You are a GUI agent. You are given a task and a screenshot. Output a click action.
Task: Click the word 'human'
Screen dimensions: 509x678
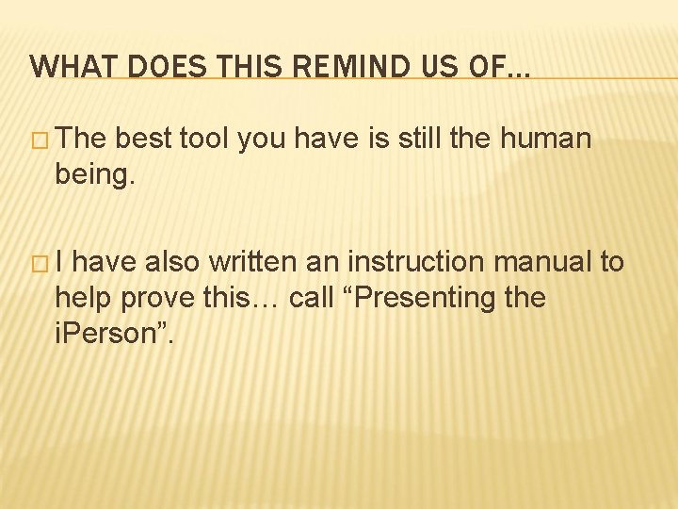(546, 140)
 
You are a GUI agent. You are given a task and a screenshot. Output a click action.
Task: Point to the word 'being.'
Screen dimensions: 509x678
(96, 175)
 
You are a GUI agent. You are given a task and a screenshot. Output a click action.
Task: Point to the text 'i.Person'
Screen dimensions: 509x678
(106, 334)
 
